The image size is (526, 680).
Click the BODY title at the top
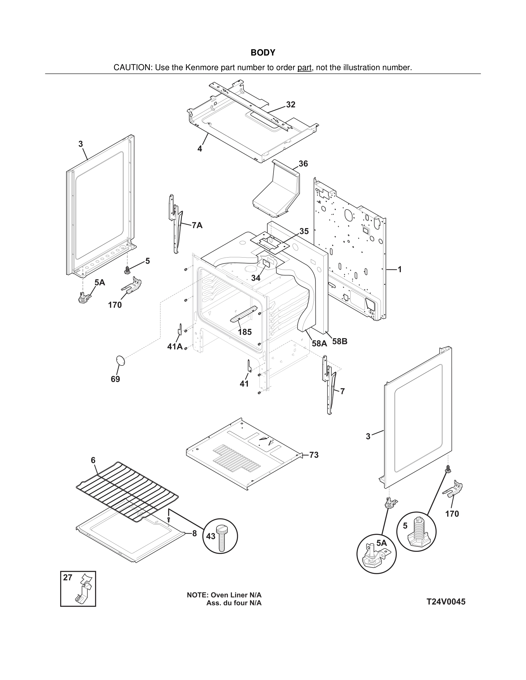[263, 53]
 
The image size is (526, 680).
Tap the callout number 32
[291, 105]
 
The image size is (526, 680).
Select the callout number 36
[303, 164]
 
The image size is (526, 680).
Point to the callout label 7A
[197, 225]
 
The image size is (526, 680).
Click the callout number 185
[245, 332]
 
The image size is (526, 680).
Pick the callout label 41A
[175, 347]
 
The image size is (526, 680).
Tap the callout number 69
[115, 379]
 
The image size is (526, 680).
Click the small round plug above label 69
[120, 360]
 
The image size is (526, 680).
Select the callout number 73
[314, 455]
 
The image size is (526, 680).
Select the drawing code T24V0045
[446, 602]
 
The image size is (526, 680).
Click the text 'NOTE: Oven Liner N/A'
[224, 595]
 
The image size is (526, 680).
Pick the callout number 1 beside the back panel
[399, 269]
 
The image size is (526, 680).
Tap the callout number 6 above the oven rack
[93, 460]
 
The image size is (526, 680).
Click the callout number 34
[256, 278]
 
